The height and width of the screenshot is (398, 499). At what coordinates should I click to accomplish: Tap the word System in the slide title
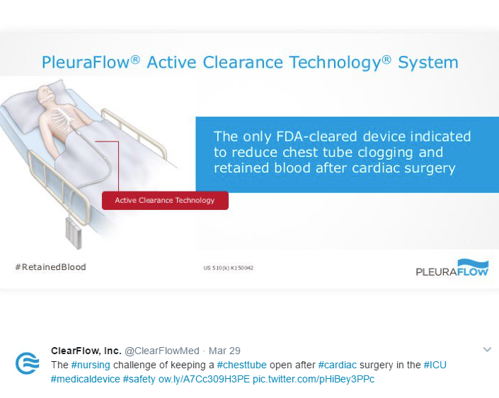(x=428, y=63)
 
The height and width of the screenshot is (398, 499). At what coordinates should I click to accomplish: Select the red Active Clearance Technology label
(x=165, y=200)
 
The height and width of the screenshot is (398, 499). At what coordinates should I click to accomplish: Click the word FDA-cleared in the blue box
(x=316, y=136)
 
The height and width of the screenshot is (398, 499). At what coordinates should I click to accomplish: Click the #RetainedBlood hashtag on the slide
(x=50, y=267)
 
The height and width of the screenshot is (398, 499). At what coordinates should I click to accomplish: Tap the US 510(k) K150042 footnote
(x=229, y=268)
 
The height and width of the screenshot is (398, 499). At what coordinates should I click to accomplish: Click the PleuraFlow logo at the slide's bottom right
(x=452, y=268)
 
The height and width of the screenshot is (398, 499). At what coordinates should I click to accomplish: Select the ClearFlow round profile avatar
(x=28, y=363)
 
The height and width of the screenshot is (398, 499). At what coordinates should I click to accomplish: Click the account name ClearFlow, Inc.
(x=86, y=351)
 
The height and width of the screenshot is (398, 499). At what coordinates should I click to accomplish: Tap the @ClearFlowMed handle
(x=162, y=351)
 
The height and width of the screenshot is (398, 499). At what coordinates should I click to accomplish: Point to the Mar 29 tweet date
(x=224, y=351)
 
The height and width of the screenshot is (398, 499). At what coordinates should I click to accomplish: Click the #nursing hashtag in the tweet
(x=91, y=365)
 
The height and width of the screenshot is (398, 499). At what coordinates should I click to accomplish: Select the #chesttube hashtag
(x=241, y=365)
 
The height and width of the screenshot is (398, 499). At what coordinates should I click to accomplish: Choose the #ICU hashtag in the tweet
(x=435, y=365)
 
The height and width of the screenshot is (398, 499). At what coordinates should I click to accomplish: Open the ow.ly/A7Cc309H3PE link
(x=204, y=379)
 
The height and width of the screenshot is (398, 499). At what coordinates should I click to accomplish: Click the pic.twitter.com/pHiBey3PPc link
(x=314, y=379)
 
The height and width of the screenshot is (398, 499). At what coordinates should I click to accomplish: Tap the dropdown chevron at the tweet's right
(x=487, y=350)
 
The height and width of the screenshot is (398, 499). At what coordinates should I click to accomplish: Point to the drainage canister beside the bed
(x=74, y=233)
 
